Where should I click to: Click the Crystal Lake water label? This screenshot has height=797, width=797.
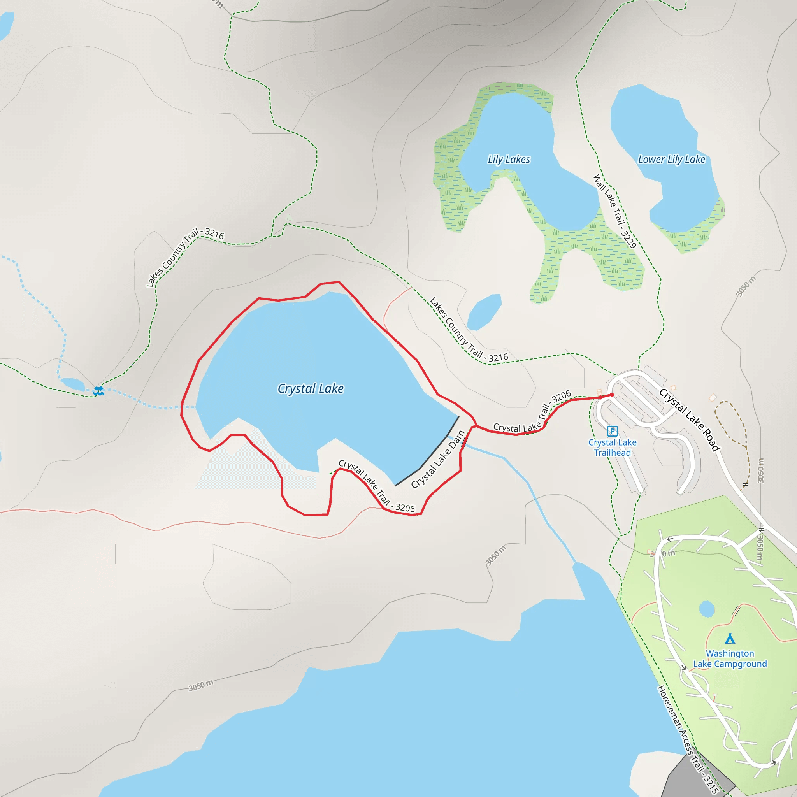coord(310,389)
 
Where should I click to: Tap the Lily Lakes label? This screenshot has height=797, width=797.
coord(509,160)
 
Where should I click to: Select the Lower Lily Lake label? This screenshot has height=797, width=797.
coord(671,160)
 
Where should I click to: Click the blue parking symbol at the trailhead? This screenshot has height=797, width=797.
coord(612,431)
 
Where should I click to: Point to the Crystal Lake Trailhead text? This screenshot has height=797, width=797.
coord(612,448)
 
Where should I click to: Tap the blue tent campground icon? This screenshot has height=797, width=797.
coord(730,639)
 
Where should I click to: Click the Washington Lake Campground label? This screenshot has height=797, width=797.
coord(730,659)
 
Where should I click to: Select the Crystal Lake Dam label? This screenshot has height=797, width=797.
coord(438,459)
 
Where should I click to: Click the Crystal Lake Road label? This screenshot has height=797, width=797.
coord(689,420)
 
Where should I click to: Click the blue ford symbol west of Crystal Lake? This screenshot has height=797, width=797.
coord(98,391)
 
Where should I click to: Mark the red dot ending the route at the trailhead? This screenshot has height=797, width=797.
coord(612,395)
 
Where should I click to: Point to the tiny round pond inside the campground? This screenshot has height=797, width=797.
coord(707,609)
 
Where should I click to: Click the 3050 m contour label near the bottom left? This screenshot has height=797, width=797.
coord(201,685)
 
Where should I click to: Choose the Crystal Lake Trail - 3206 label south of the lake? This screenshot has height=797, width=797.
coord(376,486)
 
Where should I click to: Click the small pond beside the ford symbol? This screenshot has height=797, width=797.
coord(73,384)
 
